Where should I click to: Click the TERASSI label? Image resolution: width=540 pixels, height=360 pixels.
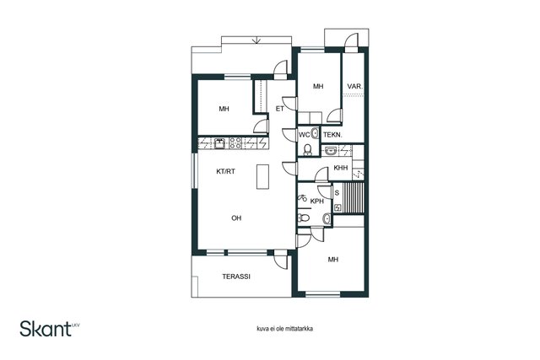pyautogui.click(x=236, y=277)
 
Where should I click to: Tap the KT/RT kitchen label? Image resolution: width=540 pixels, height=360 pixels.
pyautogui.click(x=225, y=171)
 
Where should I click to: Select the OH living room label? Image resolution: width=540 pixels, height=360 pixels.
pyautogui.click(x=236, y=218)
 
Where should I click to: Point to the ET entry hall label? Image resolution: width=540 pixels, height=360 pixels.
pyautogui.click(x=279, y=109)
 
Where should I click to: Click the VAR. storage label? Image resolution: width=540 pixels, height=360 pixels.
pyautogui.click(x=355, y=86)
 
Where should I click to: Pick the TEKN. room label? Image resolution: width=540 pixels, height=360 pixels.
pyautogui.click(x=332, y=135)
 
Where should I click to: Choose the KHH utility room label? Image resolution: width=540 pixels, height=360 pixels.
pyautogui.click(x=341, y=168)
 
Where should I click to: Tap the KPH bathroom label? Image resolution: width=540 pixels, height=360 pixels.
pyautogui.click(x=317, y=201)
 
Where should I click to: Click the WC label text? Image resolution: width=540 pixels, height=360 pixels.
pyautogui.click(x=304, y=135)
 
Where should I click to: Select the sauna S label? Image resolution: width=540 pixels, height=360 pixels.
pyautogui.click(x=337, y=193)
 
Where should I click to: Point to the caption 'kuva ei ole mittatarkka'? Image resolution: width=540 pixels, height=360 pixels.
pyautogui.click(x=285, y=329)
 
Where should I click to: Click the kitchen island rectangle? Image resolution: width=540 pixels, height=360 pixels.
pyautogui.click(x=262, y=176)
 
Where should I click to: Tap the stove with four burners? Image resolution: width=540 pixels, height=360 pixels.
pyautogui.click(x=235, y=143)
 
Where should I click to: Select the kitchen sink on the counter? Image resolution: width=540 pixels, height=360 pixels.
pyautogui.click(x=219, y=143)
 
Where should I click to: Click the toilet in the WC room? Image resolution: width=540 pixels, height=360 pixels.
pyautogui.click(x=307, y=149)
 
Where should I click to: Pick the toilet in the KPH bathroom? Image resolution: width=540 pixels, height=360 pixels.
pyautogui.click(x=304, y=218)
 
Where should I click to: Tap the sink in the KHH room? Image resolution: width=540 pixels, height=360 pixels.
pyautogui.click(x=331, y=150)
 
